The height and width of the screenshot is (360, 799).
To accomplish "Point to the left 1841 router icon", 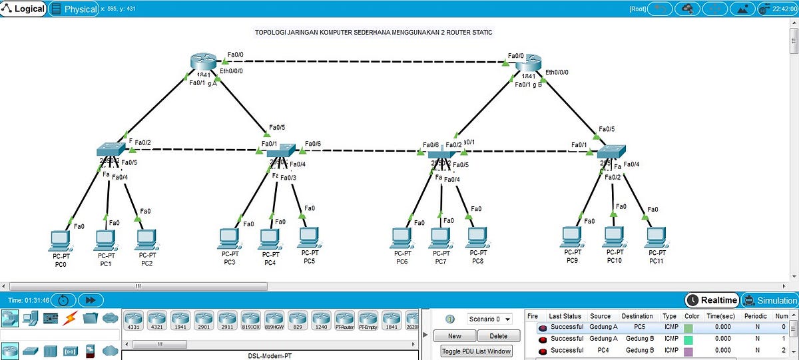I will point(203,64).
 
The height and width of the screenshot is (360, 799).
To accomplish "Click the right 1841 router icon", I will point(529,64).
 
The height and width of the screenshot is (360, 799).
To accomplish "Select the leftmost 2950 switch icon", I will point(108,149).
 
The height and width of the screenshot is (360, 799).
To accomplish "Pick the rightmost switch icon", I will point(610,150).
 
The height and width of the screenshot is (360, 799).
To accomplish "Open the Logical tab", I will point(24,9).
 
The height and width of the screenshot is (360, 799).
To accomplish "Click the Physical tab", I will point(74,9).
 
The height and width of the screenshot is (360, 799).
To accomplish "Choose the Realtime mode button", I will point(712,301).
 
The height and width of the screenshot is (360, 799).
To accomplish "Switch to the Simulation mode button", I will point(770,301).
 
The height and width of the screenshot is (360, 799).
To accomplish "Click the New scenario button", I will point(454,336).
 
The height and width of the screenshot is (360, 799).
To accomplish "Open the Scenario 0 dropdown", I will point(489,319).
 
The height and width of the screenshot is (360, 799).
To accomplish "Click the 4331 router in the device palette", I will point(134,319).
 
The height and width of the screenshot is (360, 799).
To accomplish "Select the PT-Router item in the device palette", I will point(344,319).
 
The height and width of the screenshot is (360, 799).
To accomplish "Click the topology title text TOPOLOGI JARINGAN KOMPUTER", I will point(374,32).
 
